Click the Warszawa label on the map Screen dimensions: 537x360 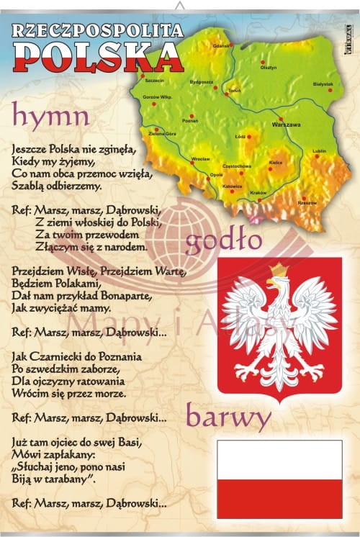click(286, 125)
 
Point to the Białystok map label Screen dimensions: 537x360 click(323, 84)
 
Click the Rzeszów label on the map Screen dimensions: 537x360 click(307, 203)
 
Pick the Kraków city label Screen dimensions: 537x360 click(258, 192)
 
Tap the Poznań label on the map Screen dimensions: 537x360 click(190, 121)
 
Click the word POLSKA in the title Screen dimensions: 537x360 click(97, 54)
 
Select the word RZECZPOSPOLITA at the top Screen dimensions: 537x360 click(98, 30)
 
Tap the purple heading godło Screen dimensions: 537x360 click(223, 243)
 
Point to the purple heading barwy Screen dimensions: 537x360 click(228, 417)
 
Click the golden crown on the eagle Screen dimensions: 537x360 click(278, 271)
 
